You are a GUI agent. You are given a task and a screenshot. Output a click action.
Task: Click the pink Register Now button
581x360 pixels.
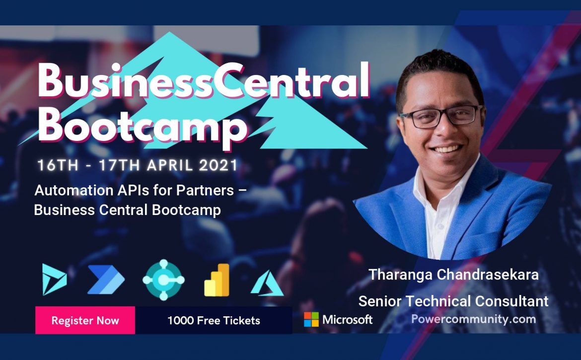pos(85,320)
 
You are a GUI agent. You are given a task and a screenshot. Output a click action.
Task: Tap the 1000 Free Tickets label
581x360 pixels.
pos(214,320)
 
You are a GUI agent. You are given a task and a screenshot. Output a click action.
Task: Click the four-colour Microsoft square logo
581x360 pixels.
pos(311,319)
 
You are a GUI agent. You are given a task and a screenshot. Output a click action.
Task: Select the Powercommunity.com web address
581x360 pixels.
pos(474,319)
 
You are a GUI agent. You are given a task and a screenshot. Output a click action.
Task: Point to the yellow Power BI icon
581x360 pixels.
pos(217,280)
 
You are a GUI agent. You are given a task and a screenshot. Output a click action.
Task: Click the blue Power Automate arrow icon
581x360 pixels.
pos(106,280)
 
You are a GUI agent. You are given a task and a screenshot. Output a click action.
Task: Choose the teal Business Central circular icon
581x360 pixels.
pos(163,280)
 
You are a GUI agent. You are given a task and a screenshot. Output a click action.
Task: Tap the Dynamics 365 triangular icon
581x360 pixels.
pos(55,280)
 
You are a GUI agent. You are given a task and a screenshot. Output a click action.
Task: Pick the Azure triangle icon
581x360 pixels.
pos(267,284)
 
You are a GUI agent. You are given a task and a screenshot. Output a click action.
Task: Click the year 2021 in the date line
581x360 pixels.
pos(218,165)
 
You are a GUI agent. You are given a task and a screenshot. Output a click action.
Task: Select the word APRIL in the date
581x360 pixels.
pos(170,165)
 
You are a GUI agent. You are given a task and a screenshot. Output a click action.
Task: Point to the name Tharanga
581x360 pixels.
pos(400,275)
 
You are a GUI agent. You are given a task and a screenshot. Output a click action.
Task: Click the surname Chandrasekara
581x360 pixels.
pos(488,275)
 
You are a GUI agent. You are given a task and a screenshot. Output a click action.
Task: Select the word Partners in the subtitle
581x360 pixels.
pos(205,190)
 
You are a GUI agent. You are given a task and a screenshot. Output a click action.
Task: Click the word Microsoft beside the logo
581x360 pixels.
pos(348,319)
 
